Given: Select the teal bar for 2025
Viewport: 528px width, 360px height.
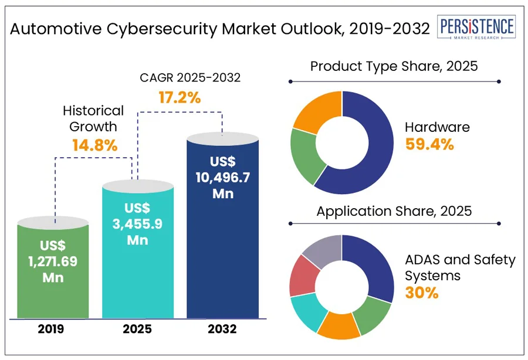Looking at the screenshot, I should [138, 252].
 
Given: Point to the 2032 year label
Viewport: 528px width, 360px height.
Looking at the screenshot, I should [222, 330].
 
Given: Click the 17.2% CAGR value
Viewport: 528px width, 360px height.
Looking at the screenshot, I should [180, 97].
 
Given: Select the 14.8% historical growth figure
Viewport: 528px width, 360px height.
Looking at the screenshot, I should [93, 145].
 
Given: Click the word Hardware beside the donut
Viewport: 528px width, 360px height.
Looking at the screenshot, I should [437, 127].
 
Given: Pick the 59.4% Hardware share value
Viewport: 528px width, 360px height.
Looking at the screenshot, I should [429, 144].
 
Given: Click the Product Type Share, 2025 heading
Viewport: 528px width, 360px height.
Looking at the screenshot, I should [394, 66].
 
